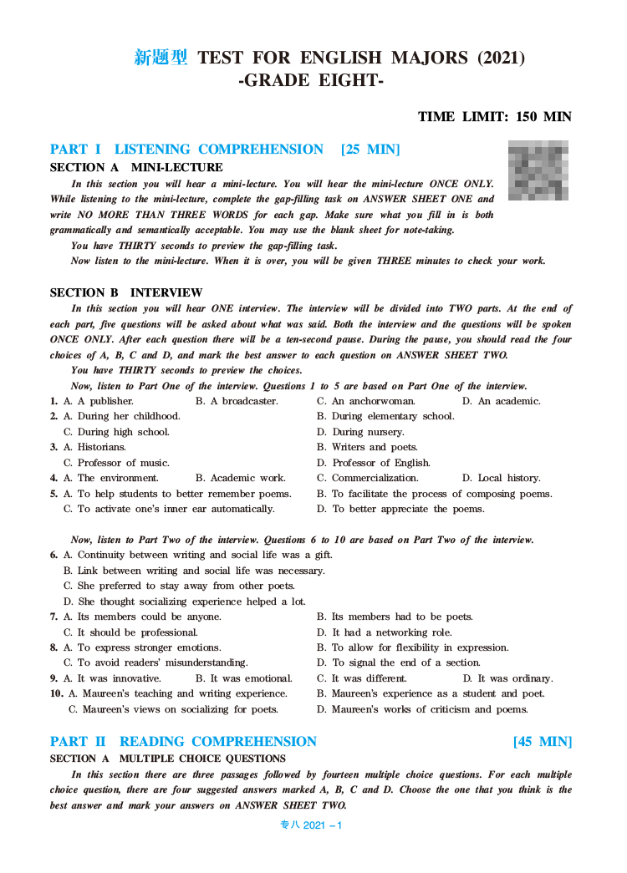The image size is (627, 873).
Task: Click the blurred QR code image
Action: (x=538, y=170)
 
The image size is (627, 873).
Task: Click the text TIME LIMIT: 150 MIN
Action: (x=494, y=116)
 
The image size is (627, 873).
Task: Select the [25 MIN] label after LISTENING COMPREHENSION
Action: (x=370, y=150)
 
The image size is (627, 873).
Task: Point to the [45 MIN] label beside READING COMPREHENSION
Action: (x=543, y=742)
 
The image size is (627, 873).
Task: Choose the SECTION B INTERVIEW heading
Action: (x=126, y=292)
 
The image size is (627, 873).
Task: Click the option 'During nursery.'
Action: (x=360, y=432)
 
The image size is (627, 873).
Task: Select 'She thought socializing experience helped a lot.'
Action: (x=185, y=601)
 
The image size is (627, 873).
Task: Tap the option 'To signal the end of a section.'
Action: (x=397, y=662)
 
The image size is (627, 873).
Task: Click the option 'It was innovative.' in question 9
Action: (x=112, y=678)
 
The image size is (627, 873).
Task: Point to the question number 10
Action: (x=56, y=693)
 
